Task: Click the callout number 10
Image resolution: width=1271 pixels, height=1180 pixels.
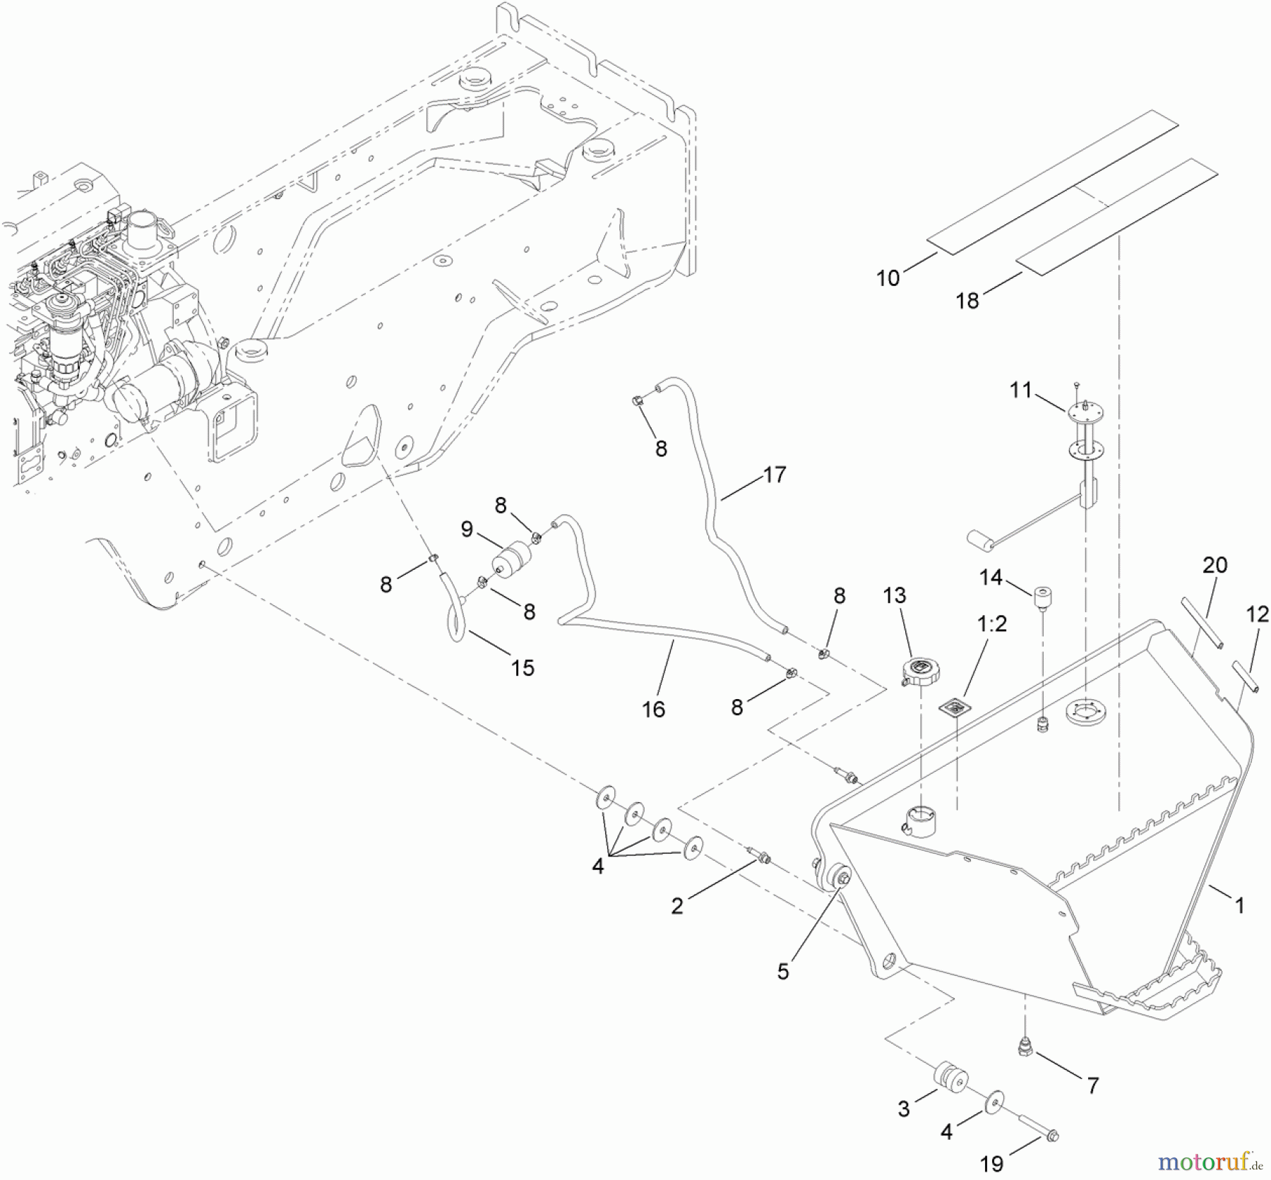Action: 888,278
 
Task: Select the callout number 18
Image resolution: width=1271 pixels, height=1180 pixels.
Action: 967,301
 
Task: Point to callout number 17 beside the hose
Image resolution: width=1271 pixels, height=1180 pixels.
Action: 774,475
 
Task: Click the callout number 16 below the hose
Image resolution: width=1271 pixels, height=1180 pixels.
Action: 653,709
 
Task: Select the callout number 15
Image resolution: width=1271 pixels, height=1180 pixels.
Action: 523,667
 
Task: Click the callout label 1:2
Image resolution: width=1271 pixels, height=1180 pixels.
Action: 991,624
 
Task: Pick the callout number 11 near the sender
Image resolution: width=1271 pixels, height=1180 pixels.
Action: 1020,390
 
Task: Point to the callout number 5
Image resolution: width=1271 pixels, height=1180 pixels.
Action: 782,972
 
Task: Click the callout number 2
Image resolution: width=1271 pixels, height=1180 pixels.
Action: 676,906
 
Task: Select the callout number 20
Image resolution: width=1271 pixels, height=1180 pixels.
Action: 1215,565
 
